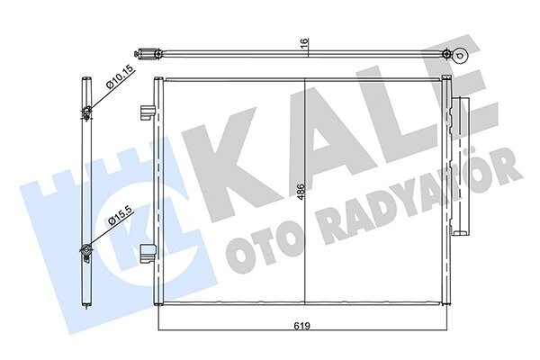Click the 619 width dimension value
[302, 326]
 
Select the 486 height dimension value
[301, 192]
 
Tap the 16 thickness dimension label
[305, 42]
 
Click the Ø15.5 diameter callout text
[120, 216]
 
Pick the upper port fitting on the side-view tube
[86, 112]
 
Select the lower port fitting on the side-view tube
[85, 253]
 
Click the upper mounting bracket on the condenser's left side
[148, 112]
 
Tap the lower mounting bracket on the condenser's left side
[148, 253]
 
